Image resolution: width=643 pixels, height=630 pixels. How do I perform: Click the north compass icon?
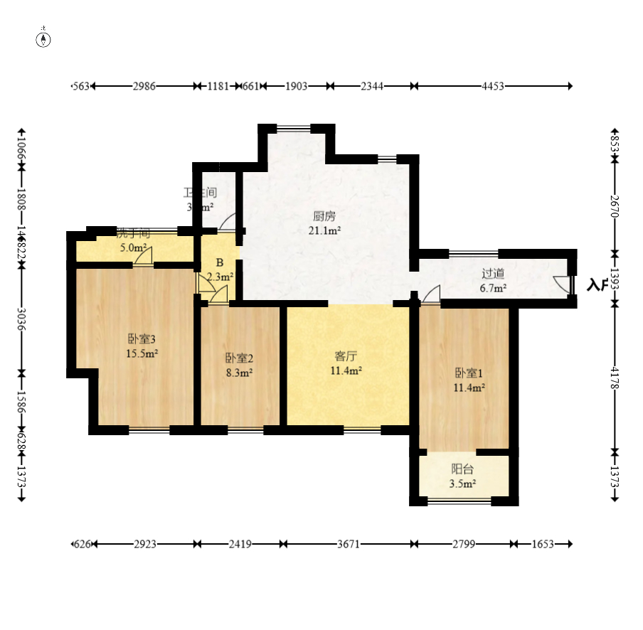point(44,38)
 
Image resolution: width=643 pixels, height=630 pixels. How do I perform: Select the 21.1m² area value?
point(324,230)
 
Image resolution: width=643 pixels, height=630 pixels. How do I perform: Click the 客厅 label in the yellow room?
point(346,356)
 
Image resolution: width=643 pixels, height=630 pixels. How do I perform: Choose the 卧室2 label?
point(239,358)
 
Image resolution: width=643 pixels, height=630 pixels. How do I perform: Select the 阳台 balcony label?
point(463,469)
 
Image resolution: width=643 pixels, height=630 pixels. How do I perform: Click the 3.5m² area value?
point(463,484)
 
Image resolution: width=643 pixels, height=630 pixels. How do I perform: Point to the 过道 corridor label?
point(493,274)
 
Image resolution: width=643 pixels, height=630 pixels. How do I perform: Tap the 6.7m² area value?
point(493,288)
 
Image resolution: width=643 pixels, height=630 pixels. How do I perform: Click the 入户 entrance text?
point(598,285)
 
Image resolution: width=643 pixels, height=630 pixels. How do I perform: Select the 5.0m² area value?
point(132,248)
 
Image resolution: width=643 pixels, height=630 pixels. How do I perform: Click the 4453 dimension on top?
point(493,86)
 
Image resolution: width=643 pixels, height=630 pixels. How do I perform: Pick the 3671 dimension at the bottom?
point(348,544)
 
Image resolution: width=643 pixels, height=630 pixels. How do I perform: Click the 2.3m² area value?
point(220,277)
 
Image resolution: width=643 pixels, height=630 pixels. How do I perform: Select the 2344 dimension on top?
point(372,86)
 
